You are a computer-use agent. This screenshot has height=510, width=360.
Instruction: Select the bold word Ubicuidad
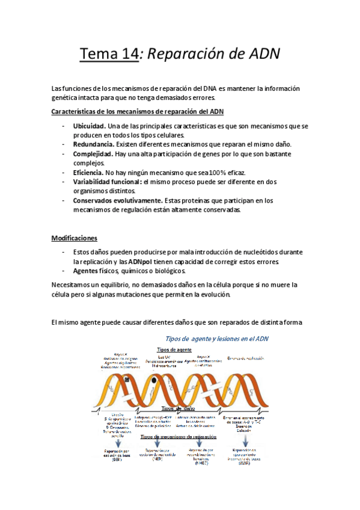tap(90, 126)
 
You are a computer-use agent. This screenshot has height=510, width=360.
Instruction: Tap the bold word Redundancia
tap(93, 144)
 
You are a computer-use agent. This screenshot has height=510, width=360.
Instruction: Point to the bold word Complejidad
tap(93, 154)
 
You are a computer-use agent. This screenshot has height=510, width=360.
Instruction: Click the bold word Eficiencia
tap(88, 172)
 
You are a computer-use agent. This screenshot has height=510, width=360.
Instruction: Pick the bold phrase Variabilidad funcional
tap(107, 182)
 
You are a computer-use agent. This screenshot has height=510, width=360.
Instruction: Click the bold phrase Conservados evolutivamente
tap(117, 200)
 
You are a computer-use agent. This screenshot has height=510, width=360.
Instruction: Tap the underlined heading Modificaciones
tap(74, 238)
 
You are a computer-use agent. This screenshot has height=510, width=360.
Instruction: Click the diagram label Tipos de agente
tap(174, 349)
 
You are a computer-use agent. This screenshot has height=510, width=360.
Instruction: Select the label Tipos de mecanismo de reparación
tap(178, 437)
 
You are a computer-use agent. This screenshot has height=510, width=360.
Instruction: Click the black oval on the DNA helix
tap(154, 380)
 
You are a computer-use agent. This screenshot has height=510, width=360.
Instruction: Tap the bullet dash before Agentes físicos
tap(63, 271)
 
